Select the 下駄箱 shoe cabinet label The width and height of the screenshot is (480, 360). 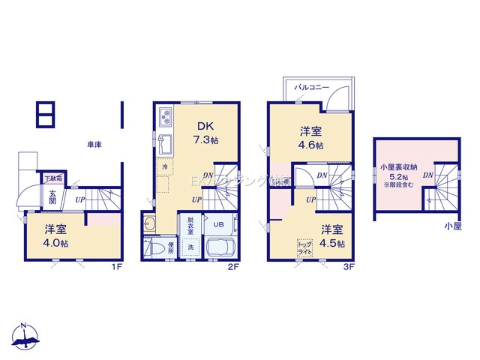point(52,178)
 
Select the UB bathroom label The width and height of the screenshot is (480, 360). point(218,223)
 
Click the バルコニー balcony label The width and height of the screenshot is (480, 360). point(312,88)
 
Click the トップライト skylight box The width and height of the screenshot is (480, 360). point(305,248)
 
